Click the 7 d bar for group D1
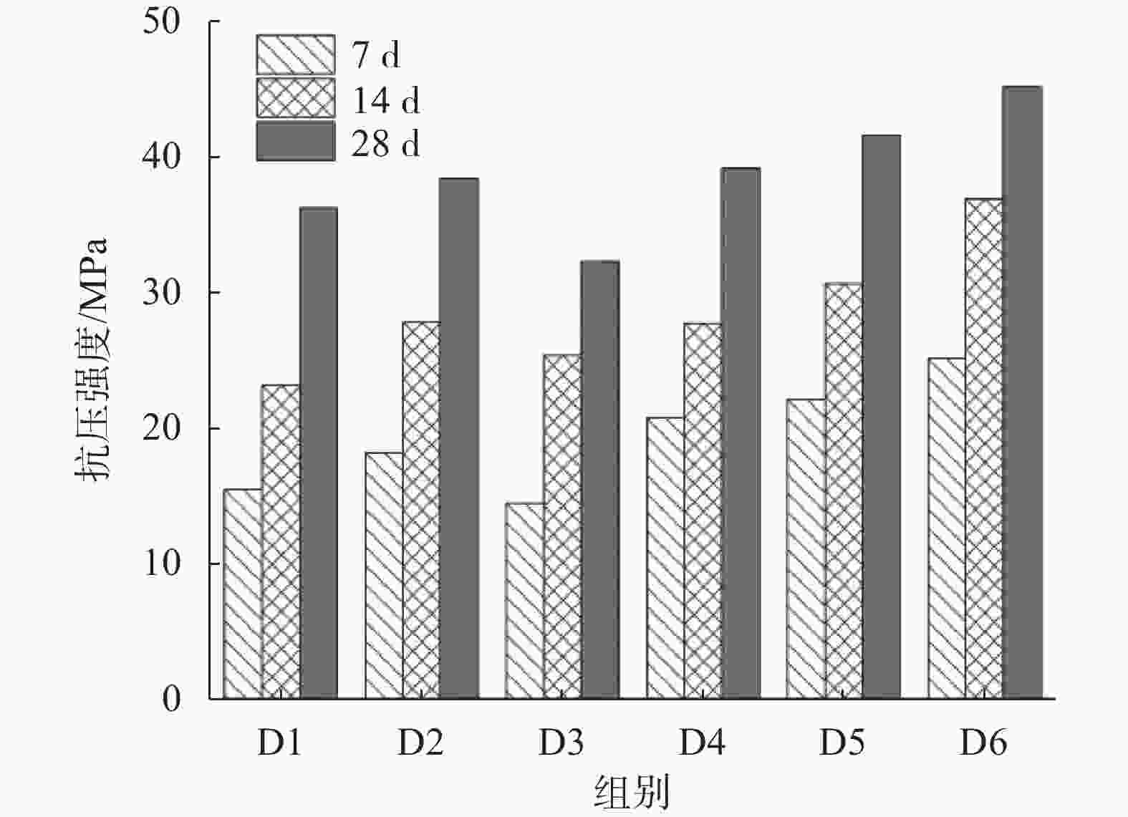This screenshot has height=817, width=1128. click(243, 594)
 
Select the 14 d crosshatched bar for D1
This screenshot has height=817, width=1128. click(281, 541)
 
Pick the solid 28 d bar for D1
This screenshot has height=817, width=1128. click(319, 453)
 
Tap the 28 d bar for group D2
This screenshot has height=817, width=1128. click(459, 438)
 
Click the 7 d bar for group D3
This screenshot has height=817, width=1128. click(524, 601)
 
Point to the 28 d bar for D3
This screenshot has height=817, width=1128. click(600, 479)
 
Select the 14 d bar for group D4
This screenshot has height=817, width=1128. click(703, 511)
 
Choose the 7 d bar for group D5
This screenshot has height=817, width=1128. click(806, 548)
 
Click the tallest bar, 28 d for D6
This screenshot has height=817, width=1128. click(1022, 392)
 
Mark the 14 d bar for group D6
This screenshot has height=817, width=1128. click(984, 448)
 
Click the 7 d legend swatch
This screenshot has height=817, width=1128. click(295, 55)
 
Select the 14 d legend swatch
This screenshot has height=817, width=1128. click(295, 98)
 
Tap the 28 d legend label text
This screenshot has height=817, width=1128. click(385, 143)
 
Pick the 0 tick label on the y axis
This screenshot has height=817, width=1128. click(171, 699)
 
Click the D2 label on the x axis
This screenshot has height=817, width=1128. click(420, 743)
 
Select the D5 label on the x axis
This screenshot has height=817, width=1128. click(842, 743)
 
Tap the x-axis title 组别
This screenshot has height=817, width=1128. click(632, 793)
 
